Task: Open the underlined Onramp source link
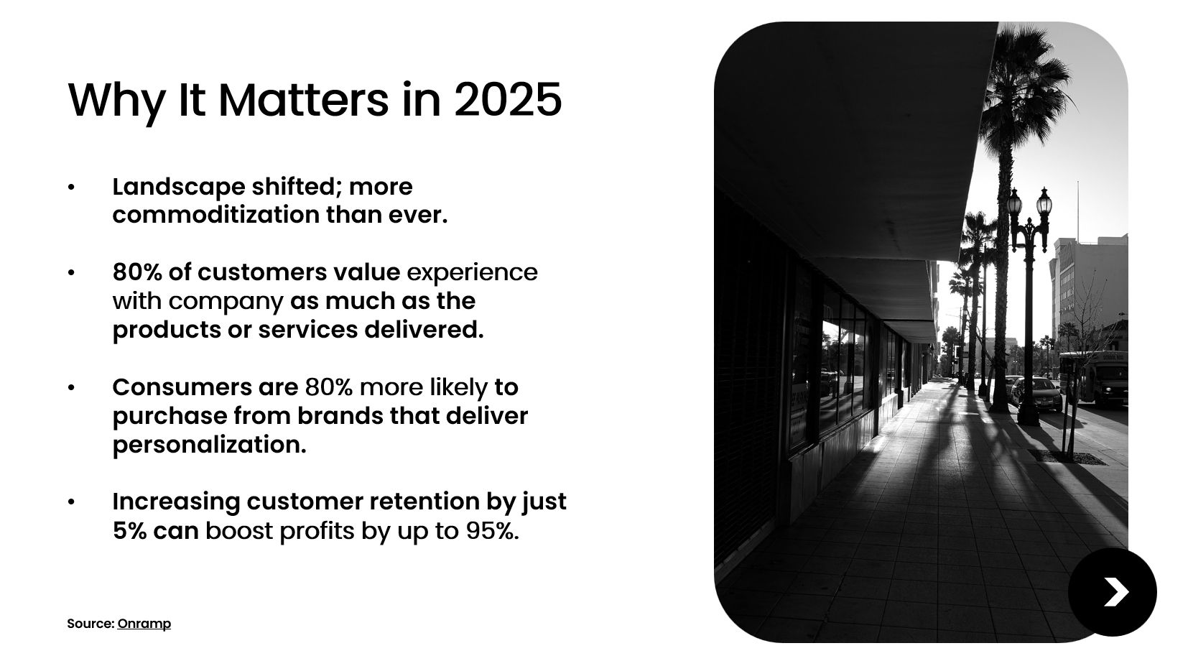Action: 144,624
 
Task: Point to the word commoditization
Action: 216,214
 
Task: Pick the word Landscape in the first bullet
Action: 179,187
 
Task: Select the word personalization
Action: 210,445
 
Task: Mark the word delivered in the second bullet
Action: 424,330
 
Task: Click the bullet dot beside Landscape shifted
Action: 71,187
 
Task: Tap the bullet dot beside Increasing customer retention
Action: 71,502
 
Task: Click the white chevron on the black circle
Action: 1116,592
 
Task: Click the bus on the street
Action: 1093,376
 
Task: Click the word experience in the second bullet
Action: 472,273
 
